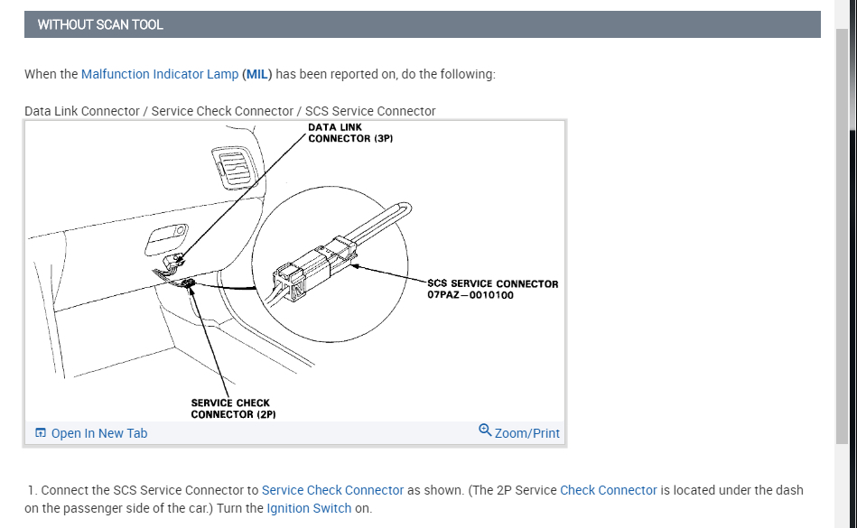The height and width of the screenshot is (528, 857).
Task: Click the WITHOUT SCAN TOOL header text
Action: tap(100, 25)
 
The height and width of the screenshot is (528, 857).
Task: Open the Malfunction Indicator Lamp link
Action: tap(160, 74)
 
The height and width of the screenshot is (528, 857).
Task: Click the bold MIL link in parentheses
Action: tap(257, 74)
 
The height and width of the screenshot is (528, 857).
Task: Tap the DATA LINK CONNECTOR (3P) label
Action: tap(350, 134)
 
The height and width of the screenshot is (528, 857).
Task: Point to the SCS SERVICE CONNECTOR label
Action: tap(492, 283)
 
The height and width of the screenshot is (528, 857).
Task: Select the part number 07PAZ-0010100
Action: tap(470, 295)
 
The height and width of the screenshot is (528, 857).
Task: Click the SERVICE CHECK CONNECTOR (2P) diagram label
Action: tap(233, 409)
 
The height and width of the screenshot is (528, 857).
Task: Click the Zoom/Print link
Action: tap(527, 433)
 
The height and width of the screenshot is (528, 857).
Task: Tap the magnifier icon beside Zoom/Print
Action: tap(485, 431)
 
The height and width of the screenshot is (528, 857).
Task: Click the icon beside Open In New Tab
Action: tap(41, 433)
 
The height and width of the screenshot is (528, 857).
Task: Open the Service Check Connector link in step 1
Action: tap(332, 490)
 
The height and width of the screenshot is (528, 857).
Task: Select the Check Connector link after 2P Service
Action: tap(608, 490)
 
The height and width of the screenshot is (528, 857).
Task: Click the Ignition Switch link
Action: tap(309, 508)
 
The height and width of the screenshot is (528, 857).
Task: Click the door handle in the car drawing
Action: tap(166, 239)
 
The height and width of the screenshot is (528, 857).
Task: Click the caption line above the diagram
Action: tap(229, 111)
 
